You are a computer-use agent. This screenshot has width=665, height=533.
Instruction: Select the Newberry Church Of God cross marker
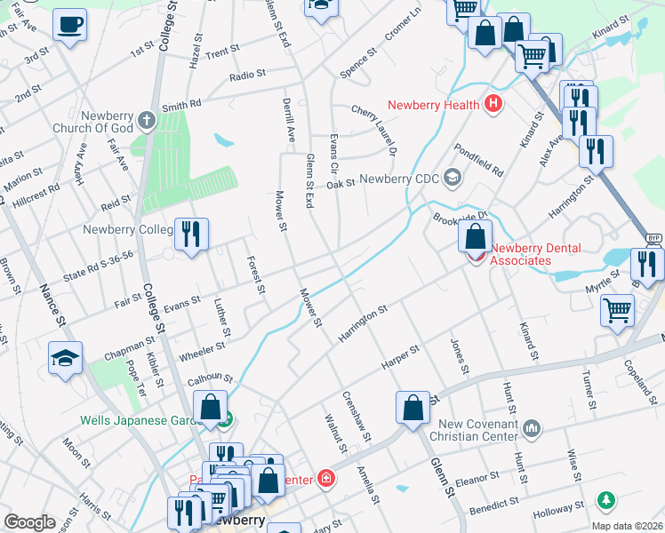click(147, 118)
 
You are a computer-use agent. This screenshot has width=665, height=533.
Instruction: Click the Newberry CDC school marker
click(453, 178)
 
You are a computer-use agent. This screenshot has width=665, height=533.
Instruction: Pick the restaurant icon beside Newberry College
click(192, 235)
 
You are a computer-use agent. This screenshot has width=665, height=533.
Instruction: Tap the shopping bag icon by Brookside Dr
click(476, 236)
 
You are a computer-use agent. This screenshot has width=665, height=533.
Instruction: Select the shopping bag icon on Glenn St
click(413, 408)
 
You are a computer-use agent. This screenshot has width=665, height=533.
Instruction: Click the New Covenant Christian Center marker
click(532, 429)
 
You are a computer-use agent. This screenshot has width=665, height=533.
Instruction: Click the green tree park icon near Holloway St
click(606, 501)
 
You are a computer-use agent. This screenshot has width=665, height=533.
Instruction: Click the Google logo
click(29, 521)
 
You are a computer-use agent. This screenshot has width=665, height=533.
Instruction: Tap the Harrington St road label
click(363, 324)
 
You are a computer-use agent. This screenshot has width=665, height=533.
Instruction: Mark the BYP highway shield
click(653, 239)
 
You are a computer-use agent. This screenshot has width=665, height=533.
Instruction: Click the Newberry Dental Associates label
click(533, 254)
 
